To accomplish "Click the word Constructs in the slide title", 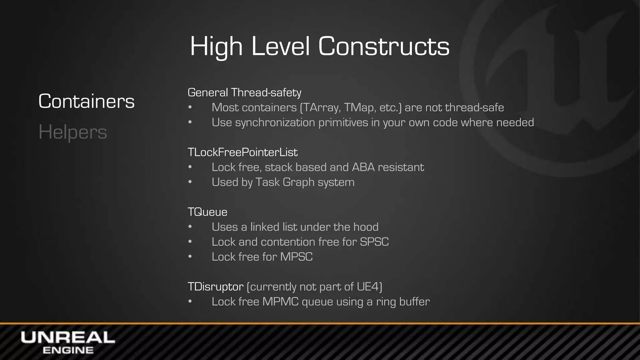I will (x=384, y=46).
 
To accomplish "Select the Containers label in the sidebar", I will (x=86, y=101).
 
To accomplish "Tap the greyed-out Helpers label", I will (x=72, y=132).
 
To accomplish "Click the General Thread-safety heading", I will (x=244, y=92).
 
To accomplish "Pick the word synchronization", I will (x=275, y=122).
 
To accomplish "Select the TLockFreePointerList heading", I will (x=242, y=152).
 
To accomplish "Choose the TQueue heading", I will (x=207, y=212).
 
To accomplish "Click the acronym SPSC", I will (x=374, y=242).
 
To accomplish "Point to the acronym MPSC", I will (x=296, y=257).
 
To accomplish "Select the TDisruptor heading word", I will (x=216, y=287).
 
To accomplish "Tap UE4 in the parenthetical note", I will (x=368, y=287).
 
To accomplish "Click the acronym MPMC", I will (x=280, y=302).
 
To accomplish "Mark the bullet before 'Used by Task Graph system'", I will (x=190, y=182).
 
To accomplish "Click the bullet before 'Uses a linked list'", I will (x=190, y=227).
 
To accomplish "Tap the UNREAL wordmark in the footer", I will (x=68, y=338).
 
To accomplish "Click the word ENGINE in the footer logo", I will (x=68, y=350).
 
